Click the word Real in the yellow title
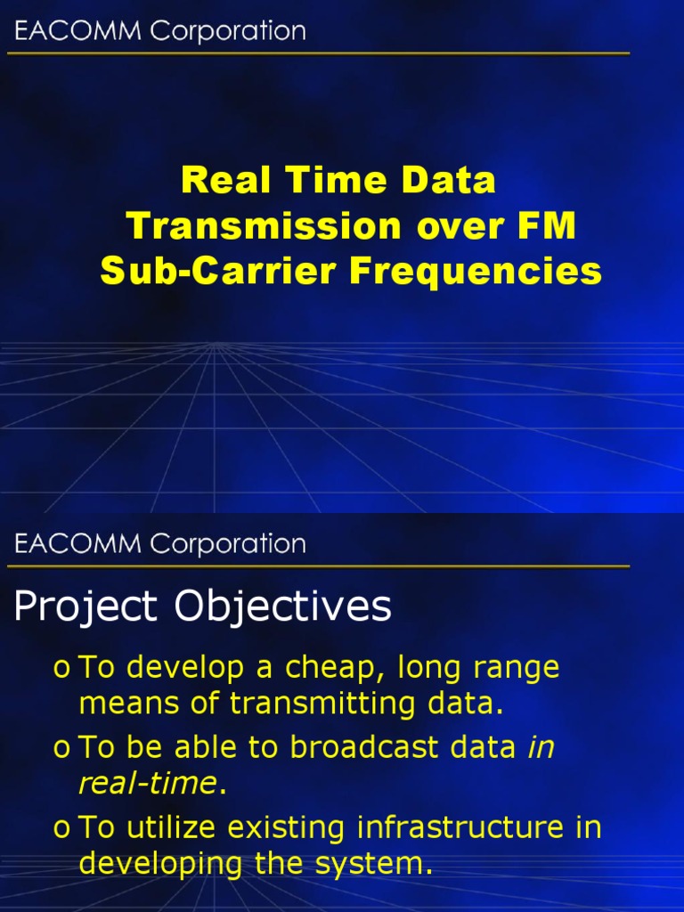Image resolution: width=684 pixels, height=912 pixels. point(217,181)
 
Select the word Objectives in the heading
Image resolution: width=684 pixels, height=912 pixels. point(282,608)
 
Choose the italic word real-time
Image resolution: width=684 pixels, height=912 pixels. point(148,784)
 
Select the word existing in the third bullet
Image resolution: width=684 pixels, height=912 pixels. point(289,828)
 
